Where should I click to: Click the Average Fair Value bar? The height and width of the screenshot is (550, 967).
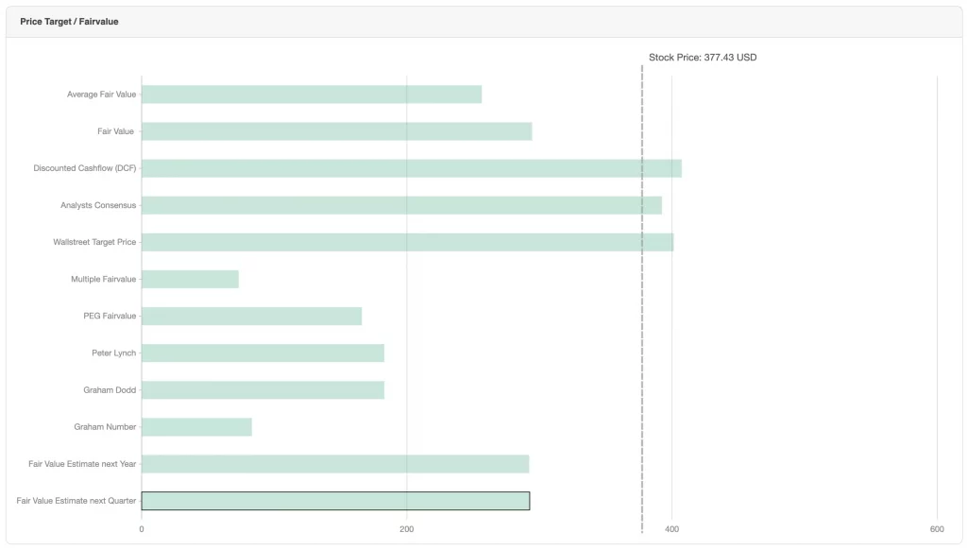(312, 95)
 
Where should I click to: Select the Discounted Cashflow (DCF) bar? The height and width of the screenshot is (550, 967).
(411, 168)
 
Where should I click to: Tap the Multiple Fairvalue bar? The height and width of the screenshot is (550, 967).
(190, 279)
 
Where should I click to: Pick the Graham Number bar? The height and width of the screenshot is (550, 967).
(196, 427)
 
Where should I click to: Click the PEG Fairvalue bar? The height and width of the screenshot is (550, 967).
(251, 316)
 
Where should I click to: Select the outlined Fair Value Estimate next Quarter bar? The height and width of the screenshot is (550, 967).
(335, 501)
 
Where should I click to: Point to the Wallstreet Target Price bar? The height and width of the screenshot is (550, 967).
(407, 242)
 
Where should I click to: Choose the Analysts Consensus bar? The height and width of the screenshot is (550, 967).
(401, 205)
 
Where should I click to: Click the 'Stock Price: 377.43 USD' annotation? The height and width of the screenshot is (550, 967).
(703, 58)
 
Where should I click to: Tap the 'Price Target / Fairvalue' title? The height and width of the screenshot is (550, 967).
(69, 21)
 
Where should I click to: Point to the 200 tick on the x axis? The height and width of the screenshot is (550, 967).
(407, 529)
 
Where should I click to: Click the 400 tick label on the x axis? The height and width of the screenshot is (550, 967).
(672, 529)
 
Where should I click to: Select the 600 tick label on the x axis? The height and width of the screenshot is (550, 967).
(937, 529)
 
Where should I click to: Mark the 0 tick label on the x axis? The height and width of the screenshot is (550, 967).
(142, 529)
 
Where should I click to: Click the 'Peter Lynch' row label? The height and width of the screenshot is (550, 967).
(113, 352)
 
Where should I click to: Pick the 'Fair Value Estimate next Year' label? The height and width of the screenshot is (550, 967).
(82, 464)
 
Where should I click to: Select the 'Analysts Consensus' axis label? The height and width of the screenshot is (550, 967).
(98, 205)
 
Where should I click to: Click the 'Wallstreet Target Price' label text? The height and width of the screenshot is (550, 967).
(94, 242)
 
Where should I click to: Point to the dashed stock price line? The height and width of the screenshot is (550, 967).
(642, 378)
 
